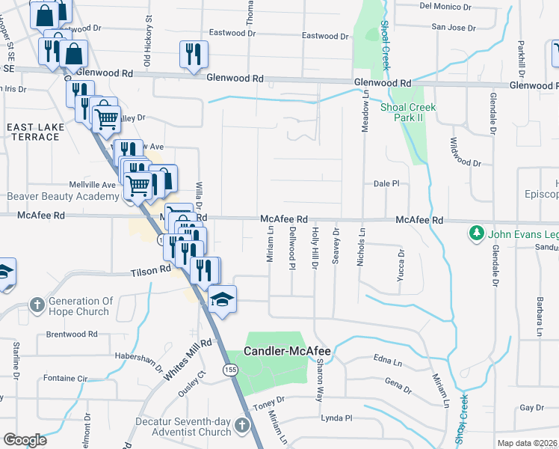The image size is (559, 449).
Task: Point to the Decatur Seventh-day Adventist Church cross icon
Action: (x=241, y=426)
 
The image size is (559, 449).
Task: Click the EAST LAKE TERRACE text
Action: (x=36, y=132)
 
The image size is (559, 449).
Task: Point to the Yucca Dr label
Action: (x=401, y=265)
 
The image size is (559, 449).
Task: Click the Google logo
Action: (x=25, y=440)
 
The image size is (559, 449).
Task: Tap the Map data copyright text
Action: (x=527, y=443)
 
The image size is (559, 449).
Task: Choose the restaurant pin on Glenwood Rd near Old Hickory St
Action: (x=194, y=55)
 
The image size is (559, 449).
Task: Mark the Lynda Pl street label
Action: (x=336, y=418)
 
